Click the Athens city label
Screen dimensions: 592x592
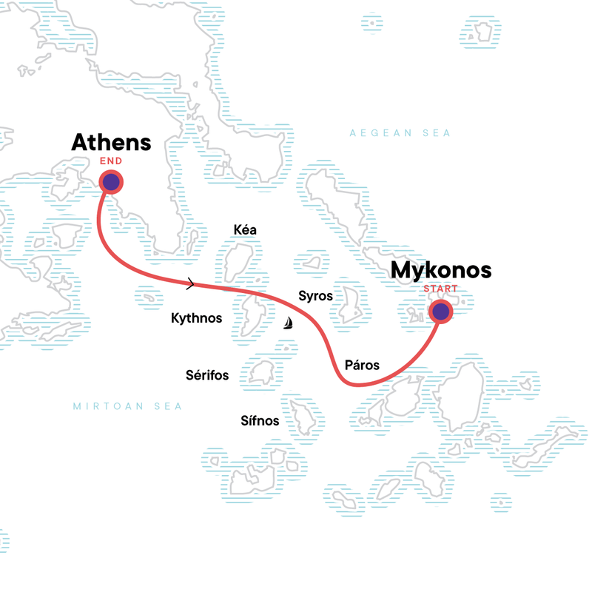111,143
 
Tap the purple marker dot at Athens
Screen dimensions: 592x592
111,182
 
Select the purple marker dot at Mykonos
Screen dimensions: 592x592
441,312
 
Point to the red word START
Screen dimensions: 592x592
440,289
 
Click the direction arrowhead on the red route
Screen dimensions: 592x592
192,283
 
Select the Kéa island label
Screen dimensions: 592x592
245,230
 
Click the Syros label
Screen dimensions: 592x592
315,296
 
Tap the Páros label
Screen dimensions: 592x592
362,365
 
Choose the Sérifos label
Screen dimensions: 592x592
206,376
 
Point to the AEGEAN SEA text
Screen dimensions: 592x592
400,133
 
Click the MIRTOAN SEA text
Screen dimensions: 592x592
127,406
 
